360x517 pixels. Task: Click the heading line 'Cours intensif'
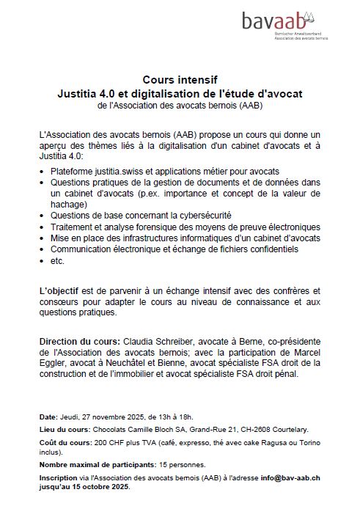coord(180,80)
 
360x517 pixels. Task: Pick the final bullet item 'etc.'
coord(58,261)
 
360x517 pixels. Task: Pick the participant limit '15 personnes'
coord(181,465)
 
